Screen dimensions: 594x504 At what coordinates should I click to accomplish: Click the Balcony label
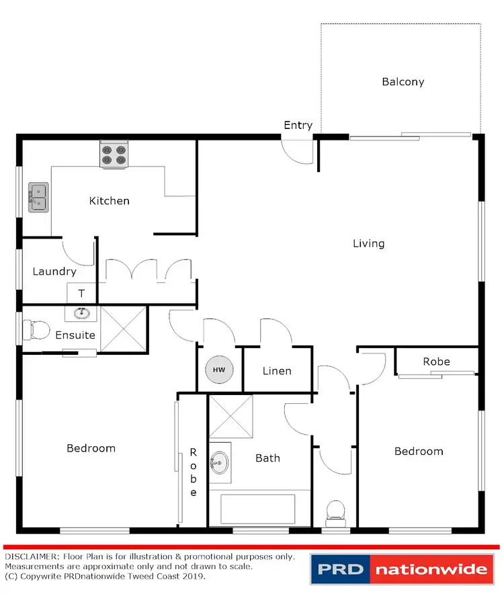[x=403, y=82]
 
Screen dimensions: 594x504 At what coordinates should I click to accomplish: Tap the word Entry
[x=298, y=125]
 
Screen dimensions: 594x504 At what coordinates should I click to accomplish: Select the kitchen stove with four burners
[x=114, y=155]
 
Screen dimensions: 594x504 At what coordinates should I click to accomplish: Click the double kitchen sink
[x=38, y=198]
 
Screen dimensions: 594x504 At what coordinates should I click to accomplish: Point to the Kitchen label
[x=109, y=200]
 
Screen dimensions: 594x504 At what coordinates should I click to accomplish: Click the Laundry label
[x=54, y=271]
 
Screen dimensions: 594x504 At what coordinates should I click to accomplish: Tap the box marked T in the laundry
[x=81, y=293]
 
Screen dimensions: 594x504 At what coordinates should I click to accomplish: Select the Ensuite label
[x=75, y=335]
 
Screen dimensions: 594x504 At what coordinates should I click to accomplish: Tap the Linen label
[x=277, y=371]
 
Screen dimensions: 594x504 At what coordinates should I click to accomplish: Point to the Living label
[x=369, y=243]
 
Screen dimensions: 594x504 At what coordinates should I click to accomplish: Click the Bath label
[x=267, y=458]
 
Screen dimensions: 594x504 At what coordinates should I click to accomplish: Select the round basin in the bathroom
[x=219, y=462]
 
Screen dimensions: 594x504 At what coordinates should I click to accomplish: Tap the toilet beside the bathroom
[x=333, y=512]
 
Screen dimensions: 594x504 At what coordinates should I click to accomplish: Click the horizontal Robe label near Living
[x=436, y=362]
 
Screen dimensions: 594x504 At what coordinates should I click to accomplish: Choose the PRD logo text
[x=340, y=570]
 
